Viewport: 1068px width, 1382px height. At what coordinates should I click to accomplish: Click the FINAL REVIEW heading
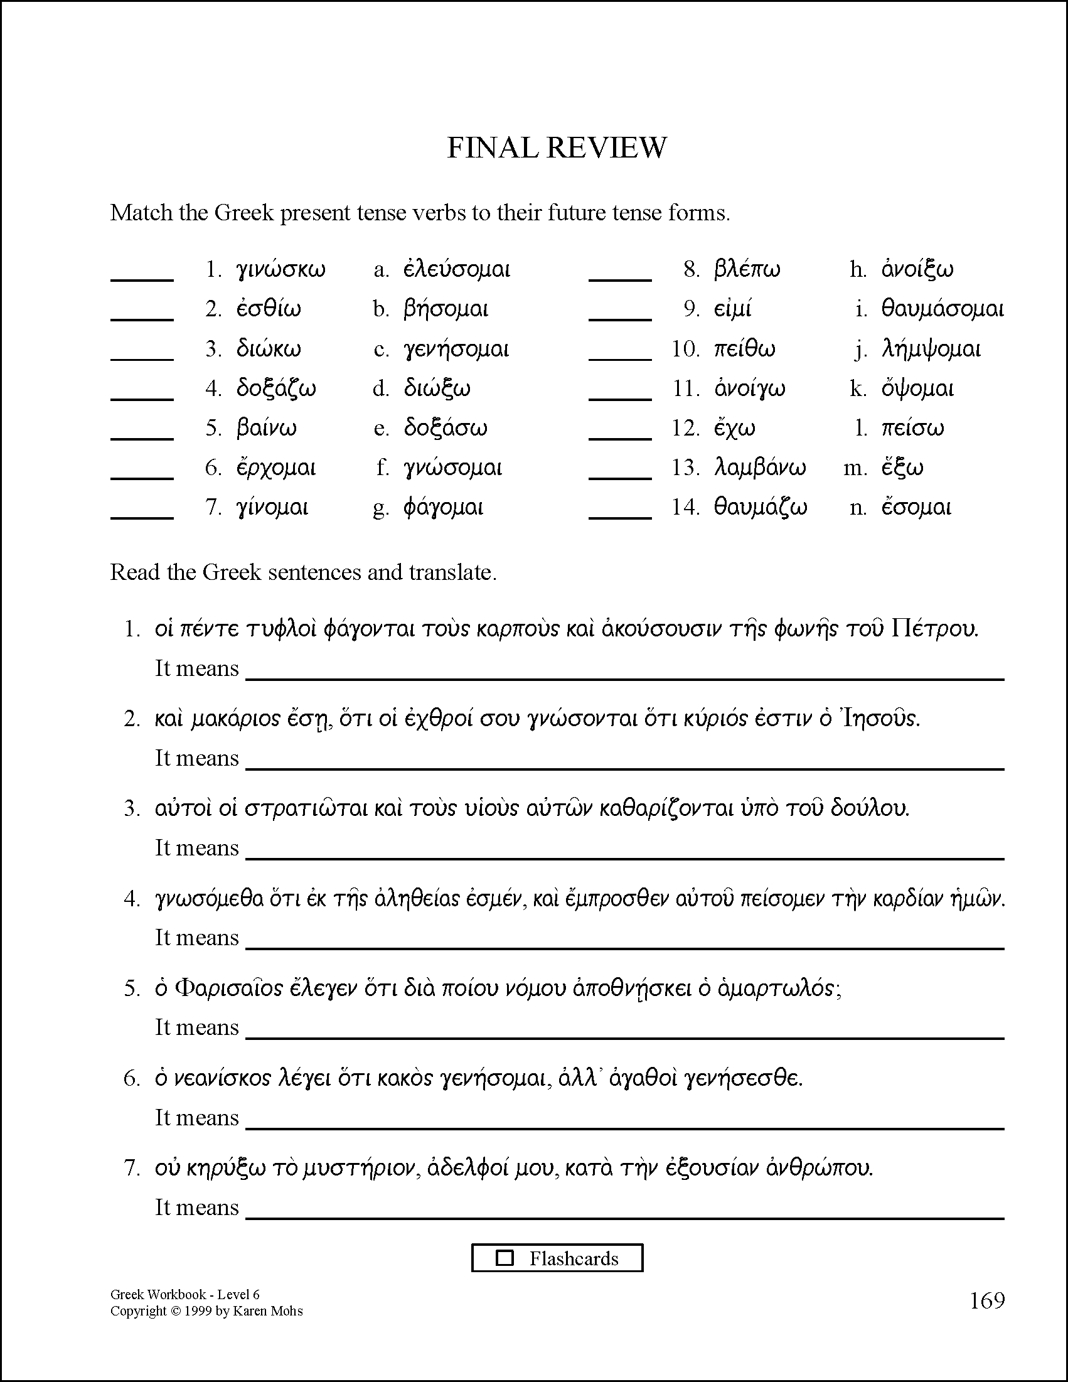coord(556,148)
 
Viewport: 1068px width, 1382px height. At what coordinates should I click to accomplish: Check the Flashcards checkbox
coord(505,1257)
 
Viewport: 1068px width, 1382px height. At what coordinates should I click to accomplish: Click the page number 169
coord(987,1300)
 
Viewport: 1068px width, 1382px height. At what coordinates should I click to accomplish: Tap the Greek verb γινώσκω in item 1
coord(281,271)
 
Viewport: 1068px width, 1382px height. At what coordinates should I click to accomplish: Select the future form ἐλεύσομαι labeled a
coord(456,271)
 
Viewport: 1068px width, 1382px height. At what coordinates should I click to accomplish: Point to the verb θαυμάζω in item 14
coord(761,508)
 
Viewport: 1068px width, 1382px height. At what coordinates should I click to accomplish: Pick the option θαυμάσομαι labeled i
coord(942,310)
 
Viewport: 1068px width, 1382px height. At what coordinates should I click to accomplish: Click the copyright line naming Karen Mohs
coord(206,1311)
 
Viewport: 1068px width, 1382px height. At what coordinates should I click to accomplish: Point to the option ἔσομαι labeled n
coord(916,508)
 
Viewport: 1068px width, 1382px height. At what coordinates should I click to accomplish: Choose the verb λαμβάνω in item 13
coord(760,468)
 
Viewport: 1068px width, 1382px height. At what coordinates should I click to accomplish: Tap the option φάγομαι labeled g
coord(444,508)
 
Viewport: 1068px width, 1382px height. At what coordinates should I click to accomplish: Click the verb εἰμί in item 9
coord(733,310)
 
